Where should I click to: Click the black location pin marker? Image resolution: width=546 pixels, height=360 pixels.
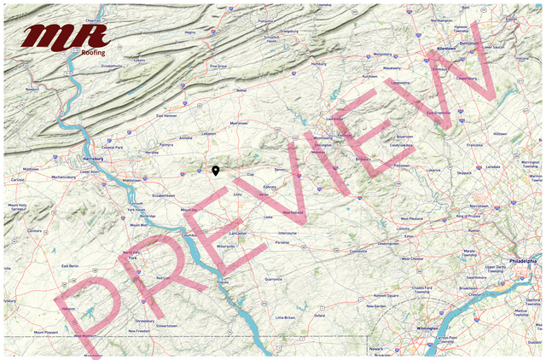[x=216, y=171]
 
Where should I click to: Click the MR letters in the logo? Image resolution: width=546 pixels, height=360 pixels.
[x=66, y=37]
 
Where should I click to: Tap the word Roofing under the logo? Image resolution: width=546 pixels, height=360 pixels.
[x=94, y=52]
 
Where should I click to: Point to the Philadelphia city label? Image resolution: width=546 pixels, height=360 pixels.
[x=522, y=260]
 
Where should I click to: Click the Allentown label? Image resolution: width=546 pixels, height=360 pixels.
[x=446, y=49]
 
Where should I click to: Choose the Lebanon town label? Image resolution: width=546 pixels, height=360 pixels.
[x=208, y=133]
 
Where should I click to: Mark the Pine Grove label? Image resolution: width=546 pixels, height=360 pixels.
[x=218, y=66]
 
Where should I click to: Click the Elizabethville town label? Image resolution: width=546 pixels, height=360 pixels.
[x=113, y=65]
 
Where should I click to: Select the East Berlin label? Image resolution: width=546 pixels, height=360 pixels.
[x=70, y=266]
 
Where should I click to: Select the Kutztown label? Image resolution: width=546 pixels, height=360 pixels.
[x=369, y=76]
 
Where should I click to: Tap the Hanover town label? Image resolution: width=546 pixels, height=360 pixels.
[x=68, y=309]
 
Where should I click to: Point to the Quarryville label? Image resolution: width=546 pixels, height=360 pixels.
[x=273, y=278]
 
